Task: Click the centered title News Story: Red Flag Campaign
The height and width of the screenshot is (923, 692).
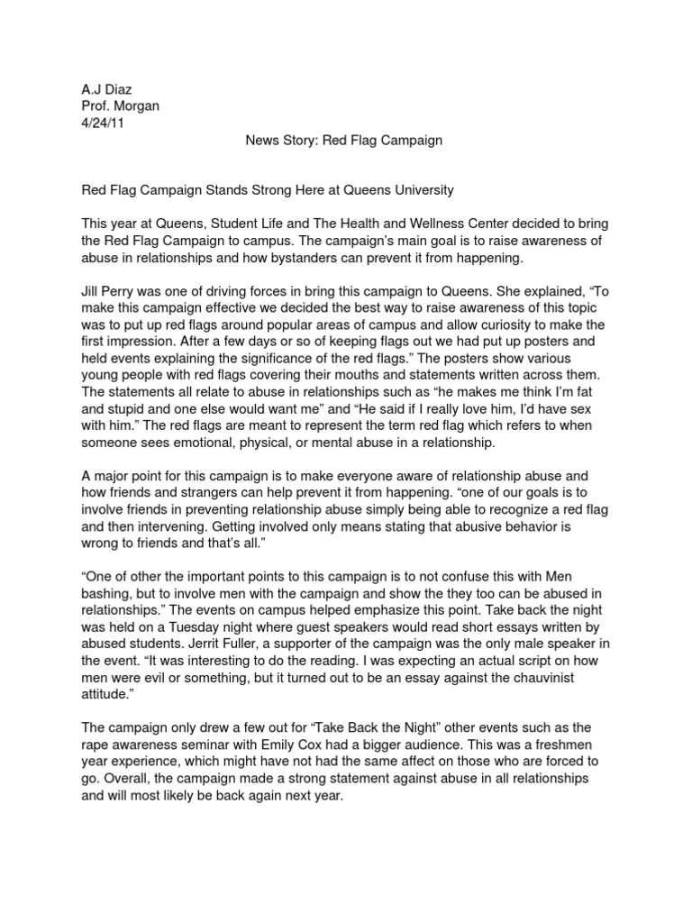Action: coord(343,141)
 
